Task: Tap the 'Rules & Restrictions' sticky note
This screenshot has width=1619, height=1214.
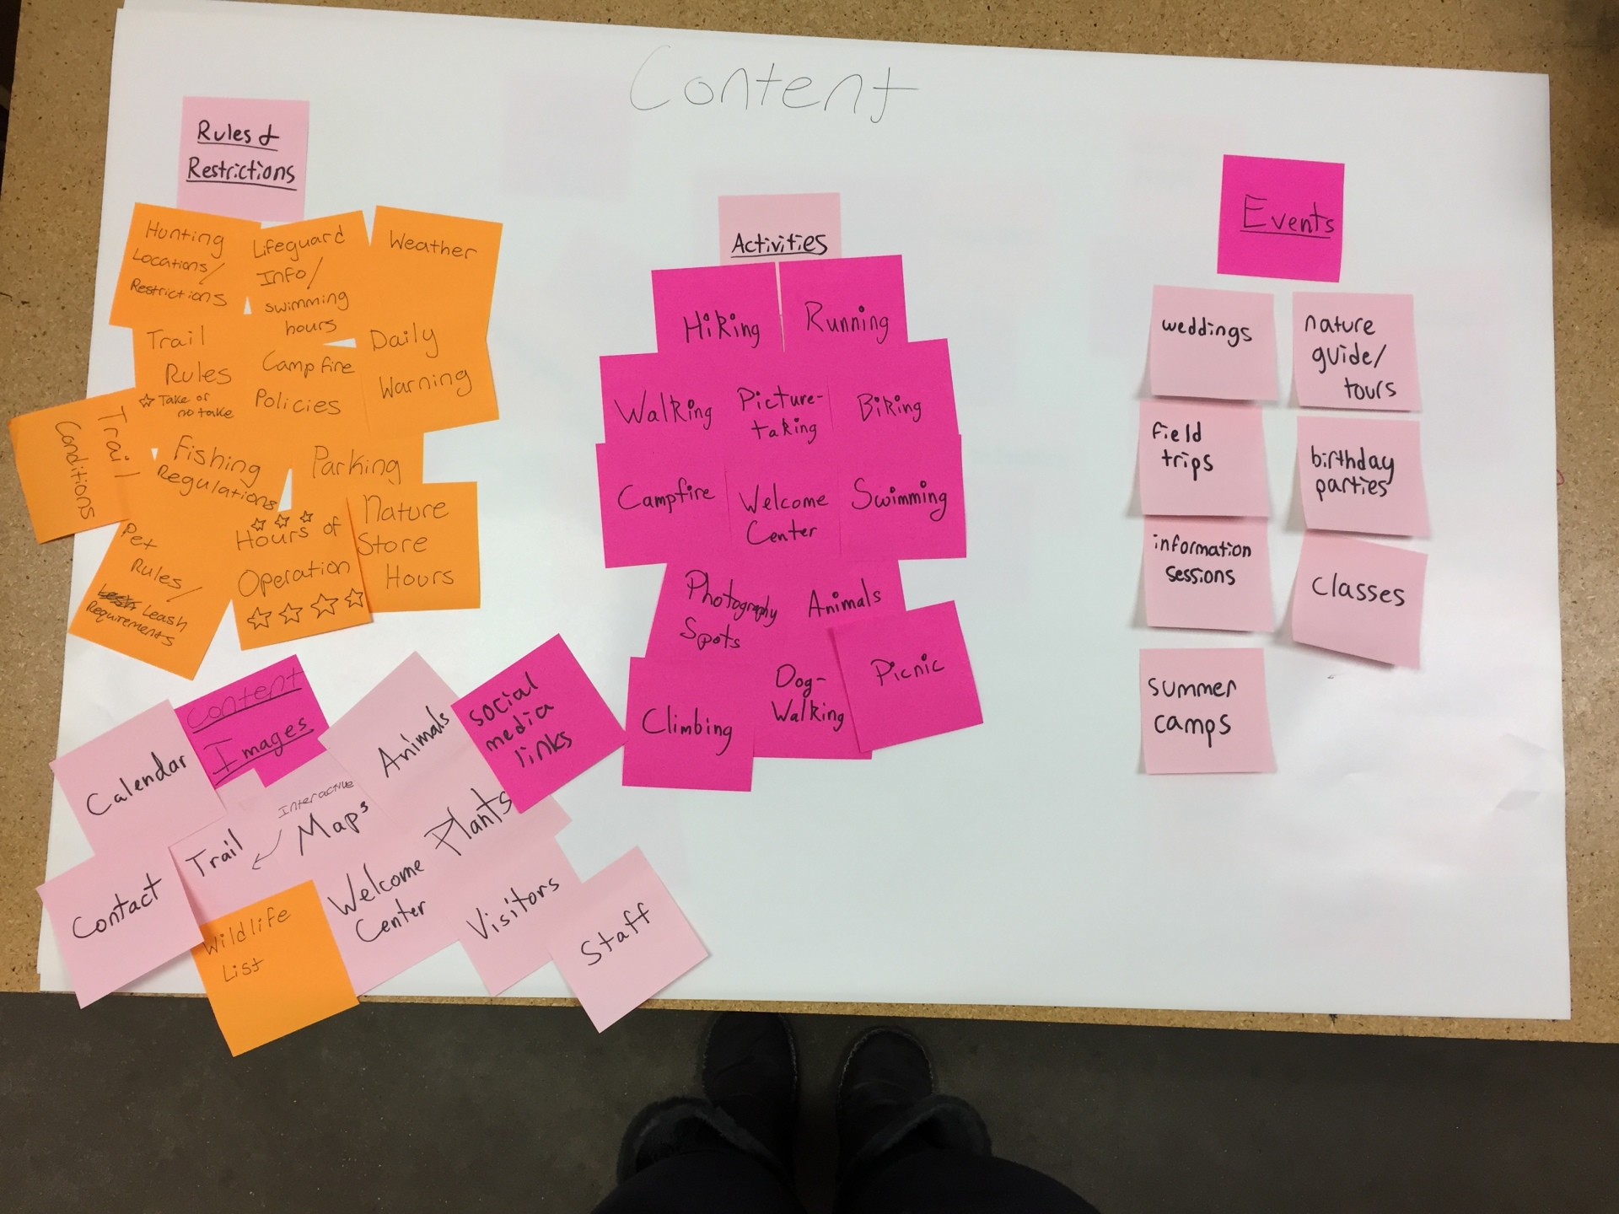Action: point(242,153)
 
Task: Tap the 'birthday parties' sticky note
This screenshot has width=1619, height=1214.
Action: point(1358,474)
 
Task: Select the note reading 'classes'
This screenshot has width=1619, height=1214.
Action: point(1358,594)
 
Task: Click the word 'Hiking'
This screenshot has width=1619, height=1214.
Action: point(721,327)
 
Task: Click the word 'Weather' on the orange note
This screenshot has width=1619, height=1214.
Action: point(432,246)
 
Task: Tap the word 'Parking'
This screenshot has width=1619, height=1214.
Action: point(355,464)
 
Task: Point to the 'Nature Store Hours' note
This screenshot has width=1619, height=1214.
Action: point(413,544)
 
